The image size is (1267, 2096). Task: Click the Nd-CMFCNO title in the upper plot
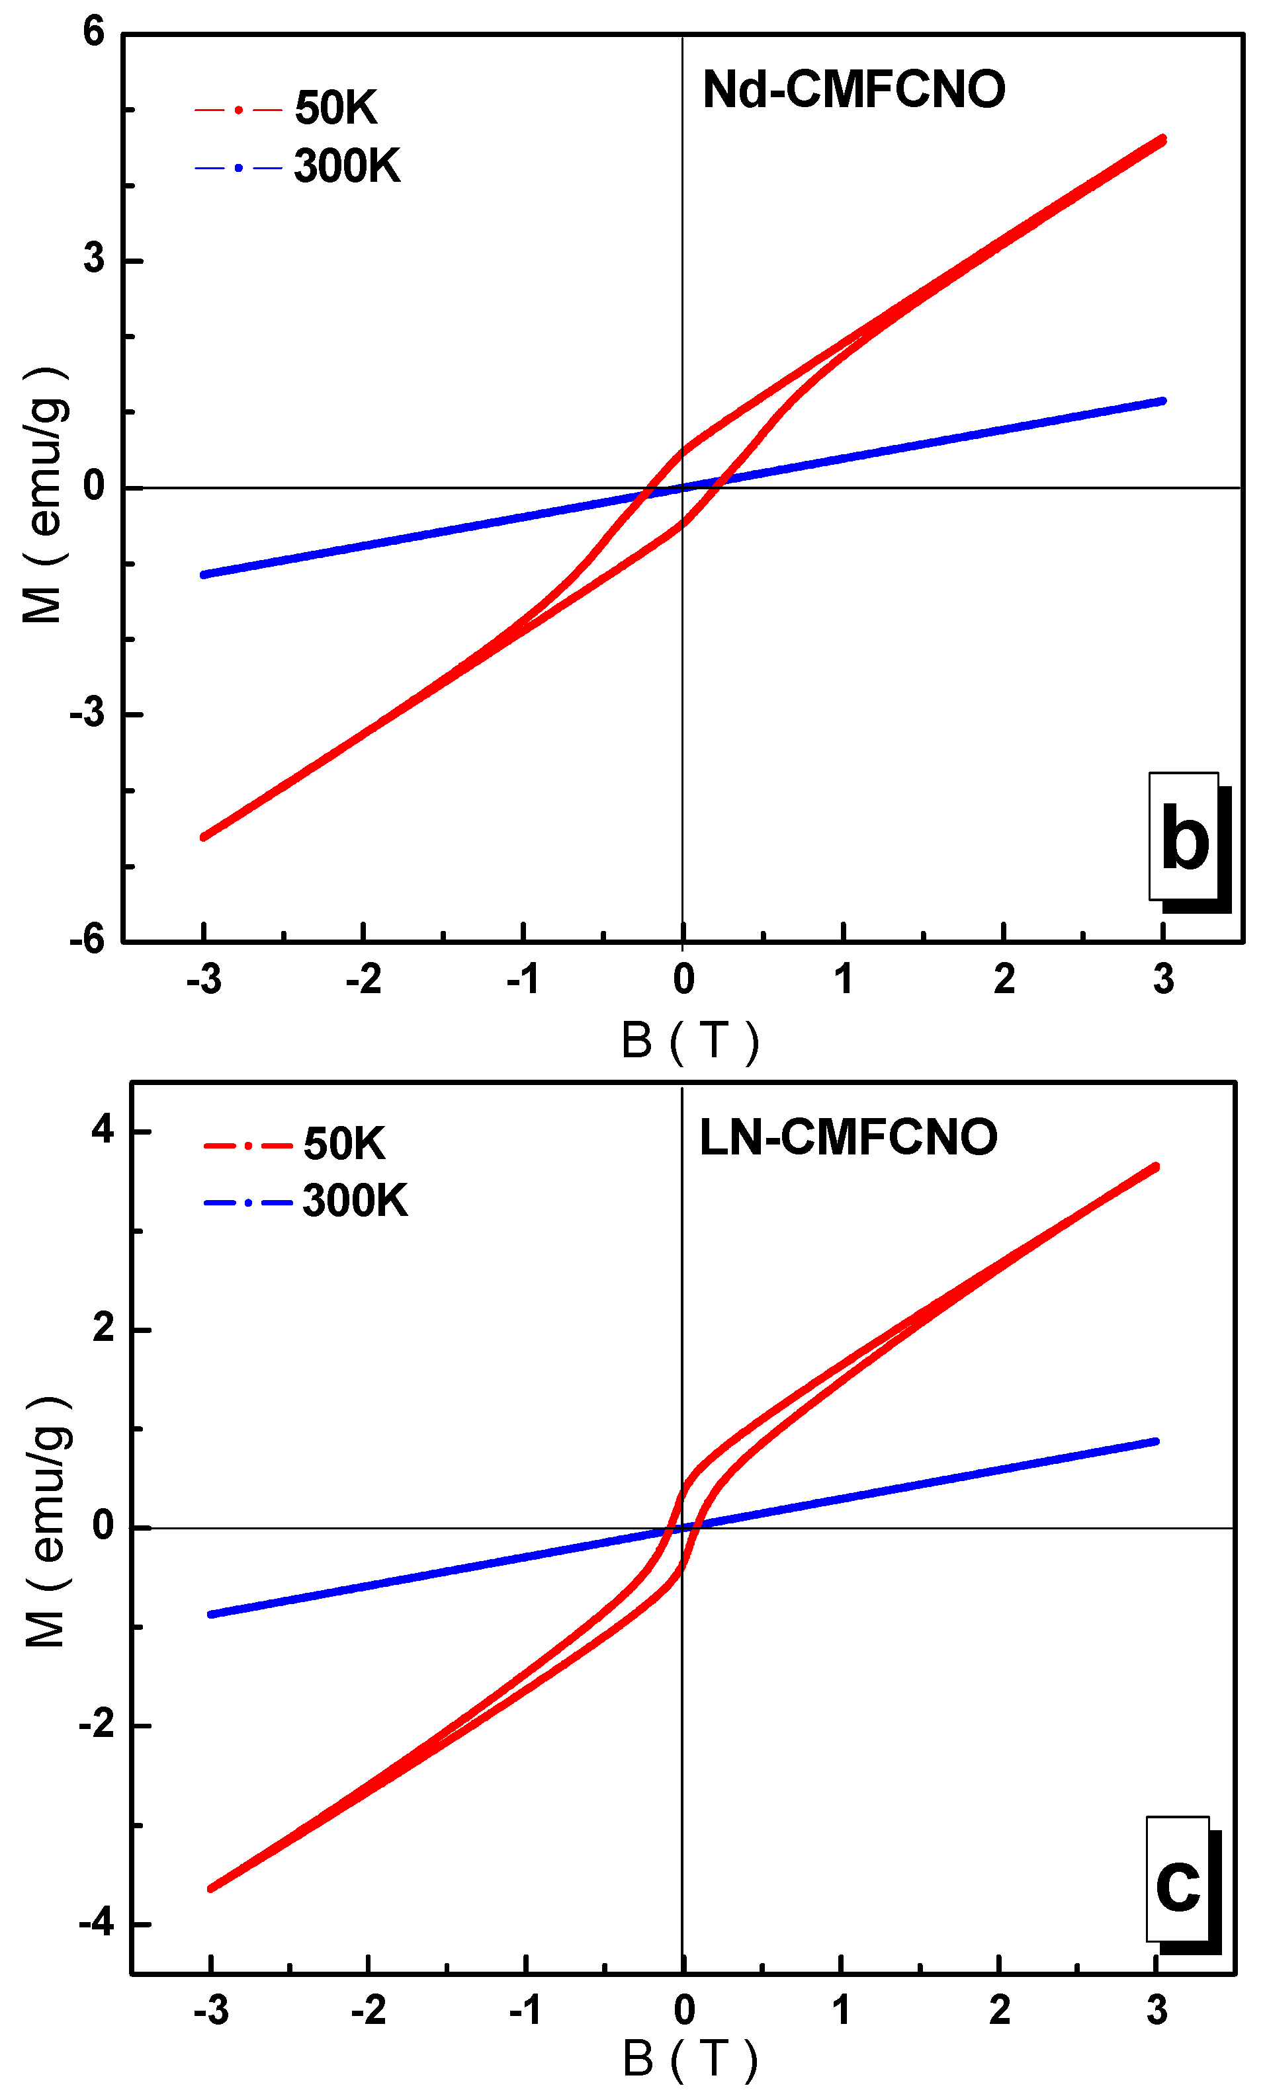(x=853, y=89)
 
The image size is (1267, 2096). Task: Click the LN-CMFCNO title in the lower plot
(x=848, y=1137)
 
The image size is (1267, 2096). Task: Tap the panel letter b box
(x=1184, y=836)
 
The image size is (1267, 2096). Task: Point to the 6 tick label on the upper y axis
(x=93, y=32)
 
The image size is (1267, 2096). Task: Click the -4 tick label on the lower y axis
(x=96, y=1923)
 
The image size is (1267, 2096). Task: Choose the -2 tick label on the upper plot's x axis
(x=363, y=980)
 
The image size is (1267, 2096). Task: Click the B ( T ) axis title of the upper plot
(x=689, y=1040)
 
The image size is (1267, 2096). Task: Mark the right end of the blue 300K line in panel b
(x=1162, y=401)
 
